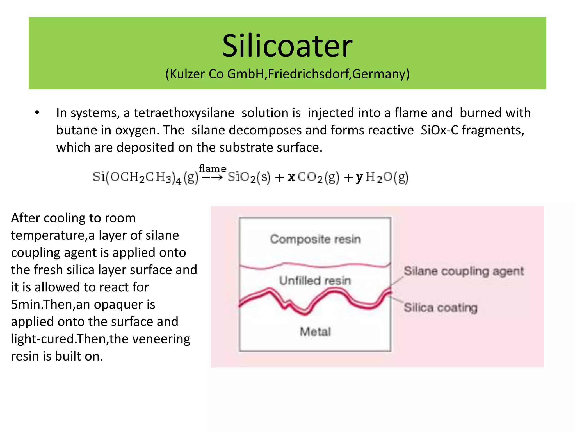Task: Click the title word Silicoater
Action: tap(287, 46)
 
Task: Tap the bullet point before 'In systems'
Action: tap(37, 113)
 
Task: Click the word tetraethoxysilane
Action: tap(184, 113)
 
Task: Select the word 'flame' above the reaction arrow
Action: tap(213, 169)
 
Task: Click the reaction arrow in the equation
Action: tap(213, 177)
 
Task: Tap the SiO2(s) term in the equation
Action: tap(249, 177)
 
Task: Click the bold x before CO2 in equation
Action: tap(292, 177)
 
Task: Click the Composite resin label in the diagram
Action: tap(315, 239)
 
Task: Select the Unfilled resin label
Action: tap(315, 281)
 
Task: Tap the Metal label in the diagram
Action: tap(315, 332)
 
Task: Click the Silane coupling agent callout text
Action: tap(464, 271)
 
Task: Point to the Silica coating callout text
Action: tap(441, 308)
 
